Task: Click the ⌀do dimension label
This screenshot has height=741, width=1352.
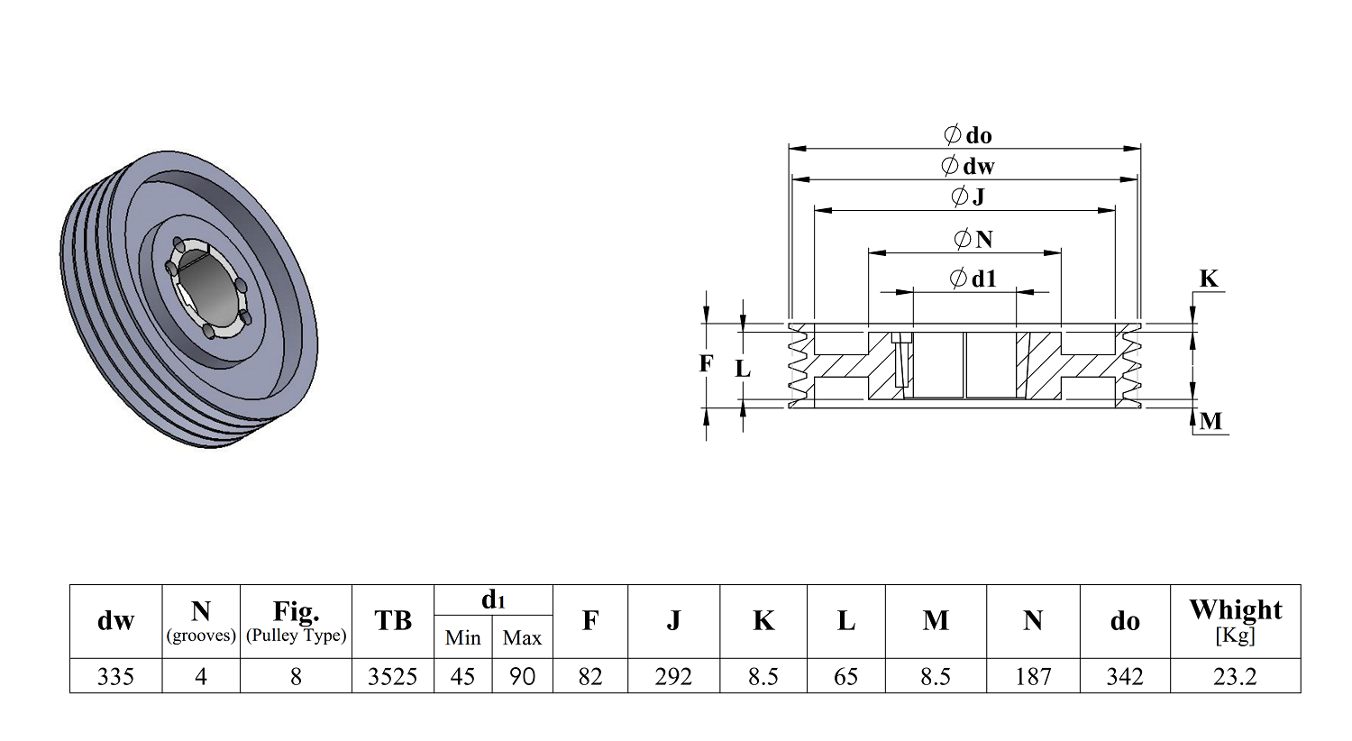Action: [x=967, y=134]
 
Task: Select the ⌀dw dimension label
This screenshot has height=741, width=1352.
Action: [x=967, y=165]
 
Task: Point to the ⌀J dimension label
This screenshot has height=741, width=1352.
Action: [x=967, y=197]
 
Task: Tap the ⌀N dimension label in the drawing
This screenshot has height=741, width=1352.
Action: [x=973, y=240]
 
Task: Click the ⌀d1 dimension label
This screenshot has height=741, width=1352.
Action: [x=973, y=279]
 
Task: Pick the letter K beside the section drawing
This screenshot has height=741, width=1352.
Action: [x=1209, y=279]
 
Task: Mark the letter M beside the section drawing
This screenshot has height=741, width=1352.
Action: [x=1210, y=421]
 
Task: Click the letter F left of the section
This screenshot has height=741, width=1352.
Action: [x=706, y=363]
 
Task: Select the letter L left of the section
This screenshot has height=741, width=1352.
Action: [x=743, y=368]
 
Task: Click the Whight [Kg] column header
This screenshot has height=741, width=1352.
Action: [x=1235, y=621]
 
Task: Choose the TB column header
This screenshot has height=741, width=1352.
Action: [x=393, y=620]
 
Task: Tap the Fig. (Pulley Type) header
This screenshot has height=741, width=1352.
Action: [x=296, y=621]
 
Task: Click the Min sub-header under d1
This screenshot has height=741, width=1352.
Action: [x=463, y=637]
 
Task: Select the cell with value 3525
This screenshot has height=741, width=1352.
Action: [x=393, y=676]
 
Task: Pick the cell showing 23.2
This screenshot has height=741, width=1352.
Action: [x=1235, y=676]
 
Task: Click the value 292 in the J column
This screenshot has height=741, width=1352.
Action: [x=673, y=676]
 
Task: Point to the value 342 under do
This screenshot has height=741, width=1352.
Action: [x=1125, y=676]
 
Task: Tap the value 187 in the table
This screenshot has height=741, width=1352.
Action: [x=1033, y=676]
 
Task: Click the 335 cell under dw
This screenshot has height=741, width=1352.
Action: [x=115, y=676]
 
